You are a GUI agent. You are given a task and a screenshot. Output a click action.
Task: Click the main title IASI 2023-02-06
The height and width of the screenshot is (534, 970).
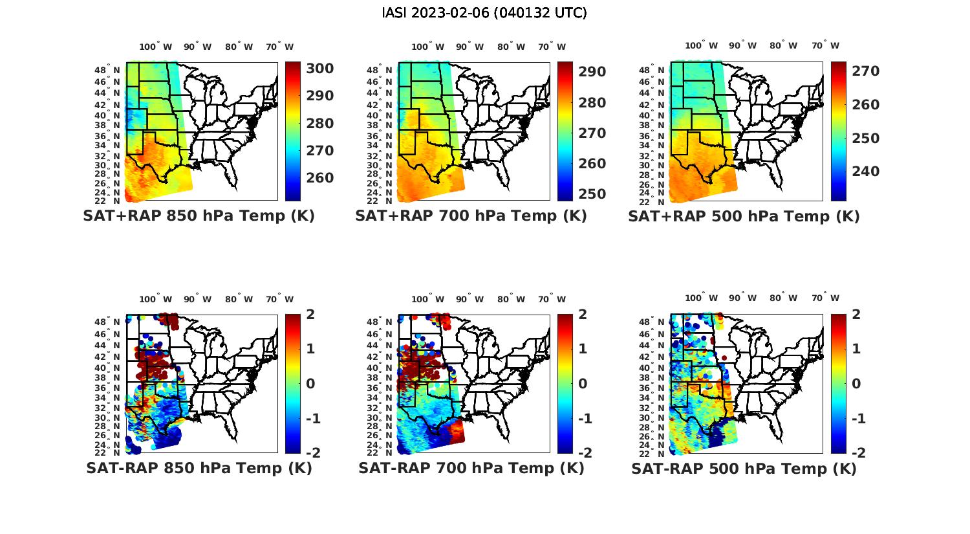click(x=484, y=13)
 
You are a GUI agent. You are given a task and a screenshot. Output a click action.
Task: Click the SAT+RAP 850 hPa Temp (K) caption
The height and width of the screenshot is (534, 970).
click(x=199, y=216)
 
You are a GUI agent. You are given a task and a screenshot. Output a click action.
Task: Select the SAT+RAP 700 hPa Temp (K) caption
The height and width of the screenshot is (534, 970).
click(x=471, y=216)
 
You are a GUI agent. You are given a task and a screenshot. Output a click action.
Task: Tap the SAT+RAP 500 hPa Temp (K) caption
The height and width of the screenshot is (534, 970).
click(x=744, y=216)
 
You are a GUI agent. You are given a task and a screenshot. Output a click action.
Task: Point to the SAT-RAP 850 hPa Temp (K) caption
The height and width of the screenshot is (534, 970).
click(x=199, y=468)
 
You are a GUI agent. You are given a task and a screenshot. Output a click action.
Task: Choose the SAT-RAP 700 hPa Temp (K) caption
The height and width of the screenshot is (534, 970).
click(x=471, y=468)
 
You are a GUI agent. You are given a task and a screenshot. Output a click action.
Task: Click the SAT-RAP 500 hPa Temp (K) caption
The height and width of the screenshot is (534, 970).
click(x=744, y=468)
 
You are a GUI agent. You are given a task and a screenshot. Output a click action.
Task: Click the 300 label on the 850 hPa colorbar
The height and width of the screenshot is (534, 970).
click(x=320, y=69)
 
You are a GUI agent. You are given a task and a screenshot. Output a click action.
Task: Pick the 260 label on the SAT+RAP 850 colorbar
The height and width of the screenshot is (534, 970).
click(x=320, y=178)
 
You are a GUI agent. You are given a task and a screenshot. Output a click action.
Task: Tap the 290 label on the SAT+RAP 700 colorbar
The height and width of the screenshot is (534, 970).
click(x=592, y=72)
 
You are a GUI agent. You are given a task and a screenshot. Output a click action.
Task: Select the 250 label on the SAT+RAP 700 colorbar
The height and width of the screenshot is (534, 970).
click(x=592, y=194)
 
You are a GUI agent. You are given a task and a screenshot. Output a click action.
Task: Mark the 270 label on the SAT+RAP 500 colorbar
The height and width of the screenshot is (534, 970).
click(x=866, y=71)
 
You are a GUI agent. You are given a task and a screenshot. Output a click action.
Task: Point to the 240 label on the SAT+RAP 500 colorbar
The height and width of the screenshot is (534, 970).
click(x=866, y=172)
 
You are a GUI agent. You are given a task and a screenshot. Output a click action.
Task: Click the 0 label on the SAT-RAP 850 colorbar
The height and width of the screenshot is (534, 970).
click(x=310, y=384)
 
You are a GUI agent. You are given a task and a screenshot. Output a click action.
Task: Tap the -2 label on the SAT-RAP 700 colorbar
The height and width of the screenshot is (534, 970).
click(x=585, y=453)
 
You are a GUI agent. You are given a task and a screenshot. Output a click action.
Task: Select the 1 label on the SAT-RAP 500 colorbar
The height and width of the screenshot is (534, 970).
click(x=856, y=349)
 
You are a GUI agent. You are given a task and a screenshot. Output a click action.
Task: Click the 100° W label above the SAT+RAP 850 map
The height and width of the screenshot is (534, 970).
click(x=156, y=47)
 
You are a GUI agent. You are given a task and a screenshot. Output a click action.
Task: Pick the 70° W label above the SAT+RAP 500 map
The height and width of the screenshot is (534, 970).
click(x=825, y=45)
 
